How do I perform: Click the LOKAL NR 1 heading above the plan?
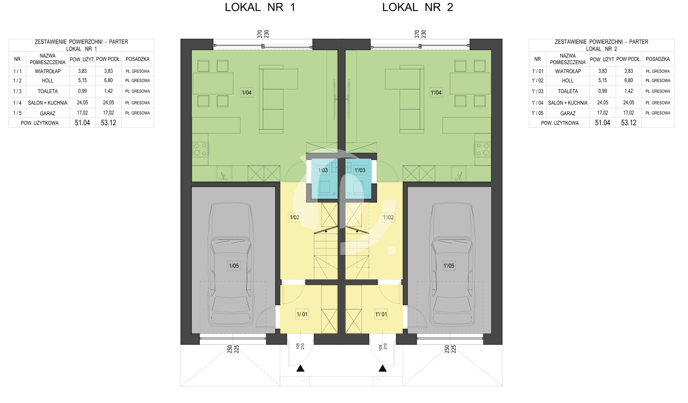tap(260, 7)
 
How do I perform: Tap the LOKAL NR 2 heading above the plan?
tap(417, 7)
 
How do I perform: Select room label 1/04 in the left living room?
tap(247, 92)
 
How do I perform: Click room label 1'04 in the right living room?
tap(436, 92)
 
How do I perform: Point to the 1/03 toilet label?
tap(323, 170)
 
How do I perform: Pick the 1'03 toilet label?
tap(360, 170)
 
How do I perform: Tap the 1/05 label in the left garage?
tap(234, 266)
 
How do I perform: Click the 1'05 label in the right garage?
tap(449, 266)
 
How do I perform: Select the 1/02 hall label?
tap(295, 217)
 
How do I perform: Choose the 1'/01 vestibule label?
tap(381, 314)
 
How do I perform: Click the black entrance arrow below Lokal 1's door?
tap(300, 368)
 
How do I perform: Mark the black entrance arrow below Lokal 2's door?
tap(383, 368)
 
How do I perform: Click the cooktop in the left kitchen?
tap(200, 149)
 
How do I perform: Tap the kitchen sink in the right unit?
tap(459, 173)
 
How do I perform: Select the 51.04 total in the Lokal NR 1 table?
tap(82, 123)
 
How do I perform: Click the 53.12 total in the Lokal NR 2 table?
tap(628, 123)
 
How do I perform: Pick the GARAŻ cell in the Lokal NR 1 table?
tap(48, 113)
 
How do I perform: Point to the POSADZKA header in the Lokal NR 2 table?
tap(657, 59)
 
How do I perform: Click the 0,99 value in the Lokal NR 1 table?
tap(82, 91)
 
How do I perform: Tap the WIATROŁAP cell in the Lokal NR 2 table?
tap(568, 71)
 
